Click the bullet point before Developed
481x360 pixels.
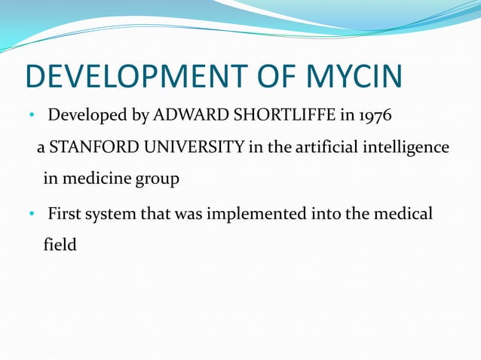click(x=32, y=117)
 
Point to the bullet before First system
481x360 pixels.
click(x=32, y=215)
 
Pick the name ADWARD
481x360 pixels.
click(x=183, y=117)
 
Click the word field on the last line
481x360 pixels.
click(x=60, y=245)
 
